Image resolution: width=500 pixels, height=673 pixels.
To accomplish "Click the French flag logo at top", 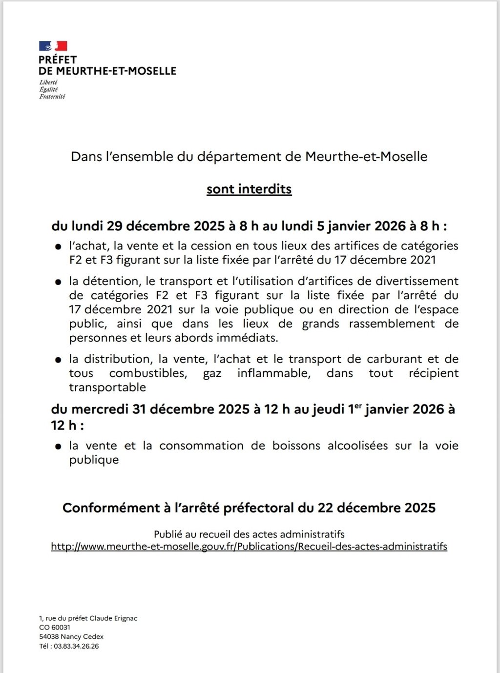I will (x=53, y=46).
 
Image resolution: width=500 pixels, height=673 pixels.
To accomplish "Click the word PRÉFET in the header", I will (x=58, y=60).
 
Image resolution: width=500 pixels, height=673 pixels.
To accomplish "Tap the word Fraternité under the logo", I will (x=52, y=97).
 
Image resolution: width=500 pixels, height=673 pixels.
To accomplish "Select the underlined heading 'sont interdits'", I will (x=249, y=189).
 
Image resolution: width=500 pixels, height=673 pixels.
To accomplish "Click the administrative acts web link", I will (x=249, y=547).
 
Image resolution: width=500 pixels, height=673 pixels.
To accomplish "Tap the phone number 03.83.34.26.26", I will (x=76, y=646).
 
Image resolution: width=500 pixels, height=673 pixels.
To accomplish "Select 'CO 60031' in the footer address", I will (x=55, y=628).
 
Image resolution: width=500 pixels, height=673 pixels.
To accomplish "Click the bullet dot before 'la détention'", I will (x=59, y=282).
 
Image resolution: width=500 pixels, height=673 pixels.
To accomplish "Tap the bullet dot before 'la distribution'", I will (x=59, y=360).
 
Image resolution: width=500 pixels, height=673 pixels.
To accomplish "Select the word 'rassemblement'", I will (x=392, y=324).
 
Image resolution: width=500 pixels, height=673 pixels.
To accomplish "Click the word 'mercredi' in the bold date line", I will (x=101, y=409).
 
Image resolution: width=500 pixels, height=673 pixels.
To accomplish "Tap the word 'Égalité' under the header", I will (x=48, y=89).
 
